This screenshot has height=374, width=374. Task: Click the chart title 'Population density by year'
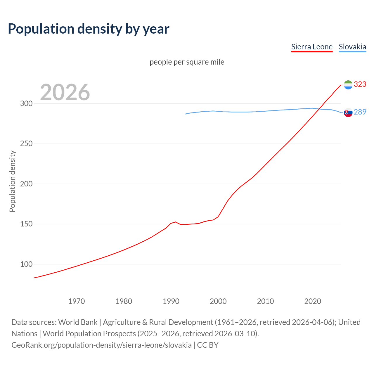click(89, 29)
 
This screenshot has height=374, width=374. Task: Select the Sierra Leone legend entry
click(312, 47)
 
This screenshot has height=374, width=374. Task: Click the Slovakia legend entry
click(352, 47)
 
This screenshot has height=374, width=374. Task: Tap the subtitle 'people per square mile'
click(187, 62)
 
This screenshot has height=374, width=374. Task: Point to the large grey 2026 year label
click(65, 92)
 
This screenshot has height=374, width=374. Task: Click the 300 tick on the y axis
click(26, 104)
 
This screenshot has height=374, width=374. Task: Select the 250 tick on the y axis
click(26, 144)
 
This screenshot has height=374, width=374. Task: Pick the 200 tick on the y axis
click(26, 184)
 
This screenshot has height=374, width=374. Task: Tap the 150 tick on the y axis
click(26, 224)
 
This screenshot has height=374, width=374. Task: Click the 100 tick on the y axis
click(26, 264)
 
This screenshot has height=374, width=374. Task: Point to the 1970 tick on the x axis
click(77, 301)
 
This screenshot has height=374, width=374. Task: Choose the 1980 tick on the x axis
click(124, 301)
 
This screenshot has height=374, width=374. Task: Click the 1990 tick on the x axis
click(171, 301)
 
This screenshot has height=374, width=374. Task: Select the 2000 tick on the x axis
click(218, 301)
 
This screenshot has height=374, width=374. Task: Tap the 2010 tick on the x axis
click(266, 301)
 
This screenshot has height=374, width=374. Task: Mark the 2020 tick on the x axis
click(313, 301)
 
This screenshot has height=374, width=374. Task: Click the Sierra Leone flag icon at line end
click(348, 85)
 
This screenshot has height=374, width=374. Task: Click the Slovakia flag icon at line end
click(348, 112)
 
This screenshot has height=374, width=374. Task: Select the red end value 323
click(360, 84)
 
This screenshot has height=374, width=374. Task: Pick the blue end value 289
click(360, 112)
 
